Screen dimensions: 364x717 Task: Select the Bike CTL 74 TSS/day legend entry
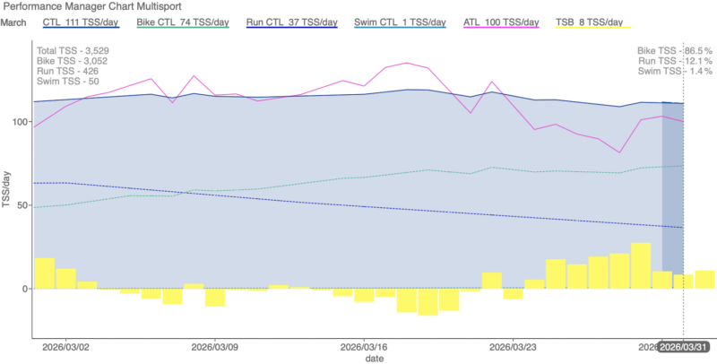tap(181, 22)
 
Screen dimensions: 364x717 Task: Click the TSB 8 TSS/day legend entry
tap(588, 22)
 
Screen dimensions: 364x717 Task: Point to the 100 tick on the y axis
tap(20, 120)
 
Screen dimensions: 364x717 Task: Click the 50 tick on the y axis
tap(22, 204)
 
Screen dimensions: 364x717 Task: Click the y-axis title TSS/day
tap(7, 189)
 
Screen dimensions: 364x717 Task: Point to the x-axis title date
tap(375, 358)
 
